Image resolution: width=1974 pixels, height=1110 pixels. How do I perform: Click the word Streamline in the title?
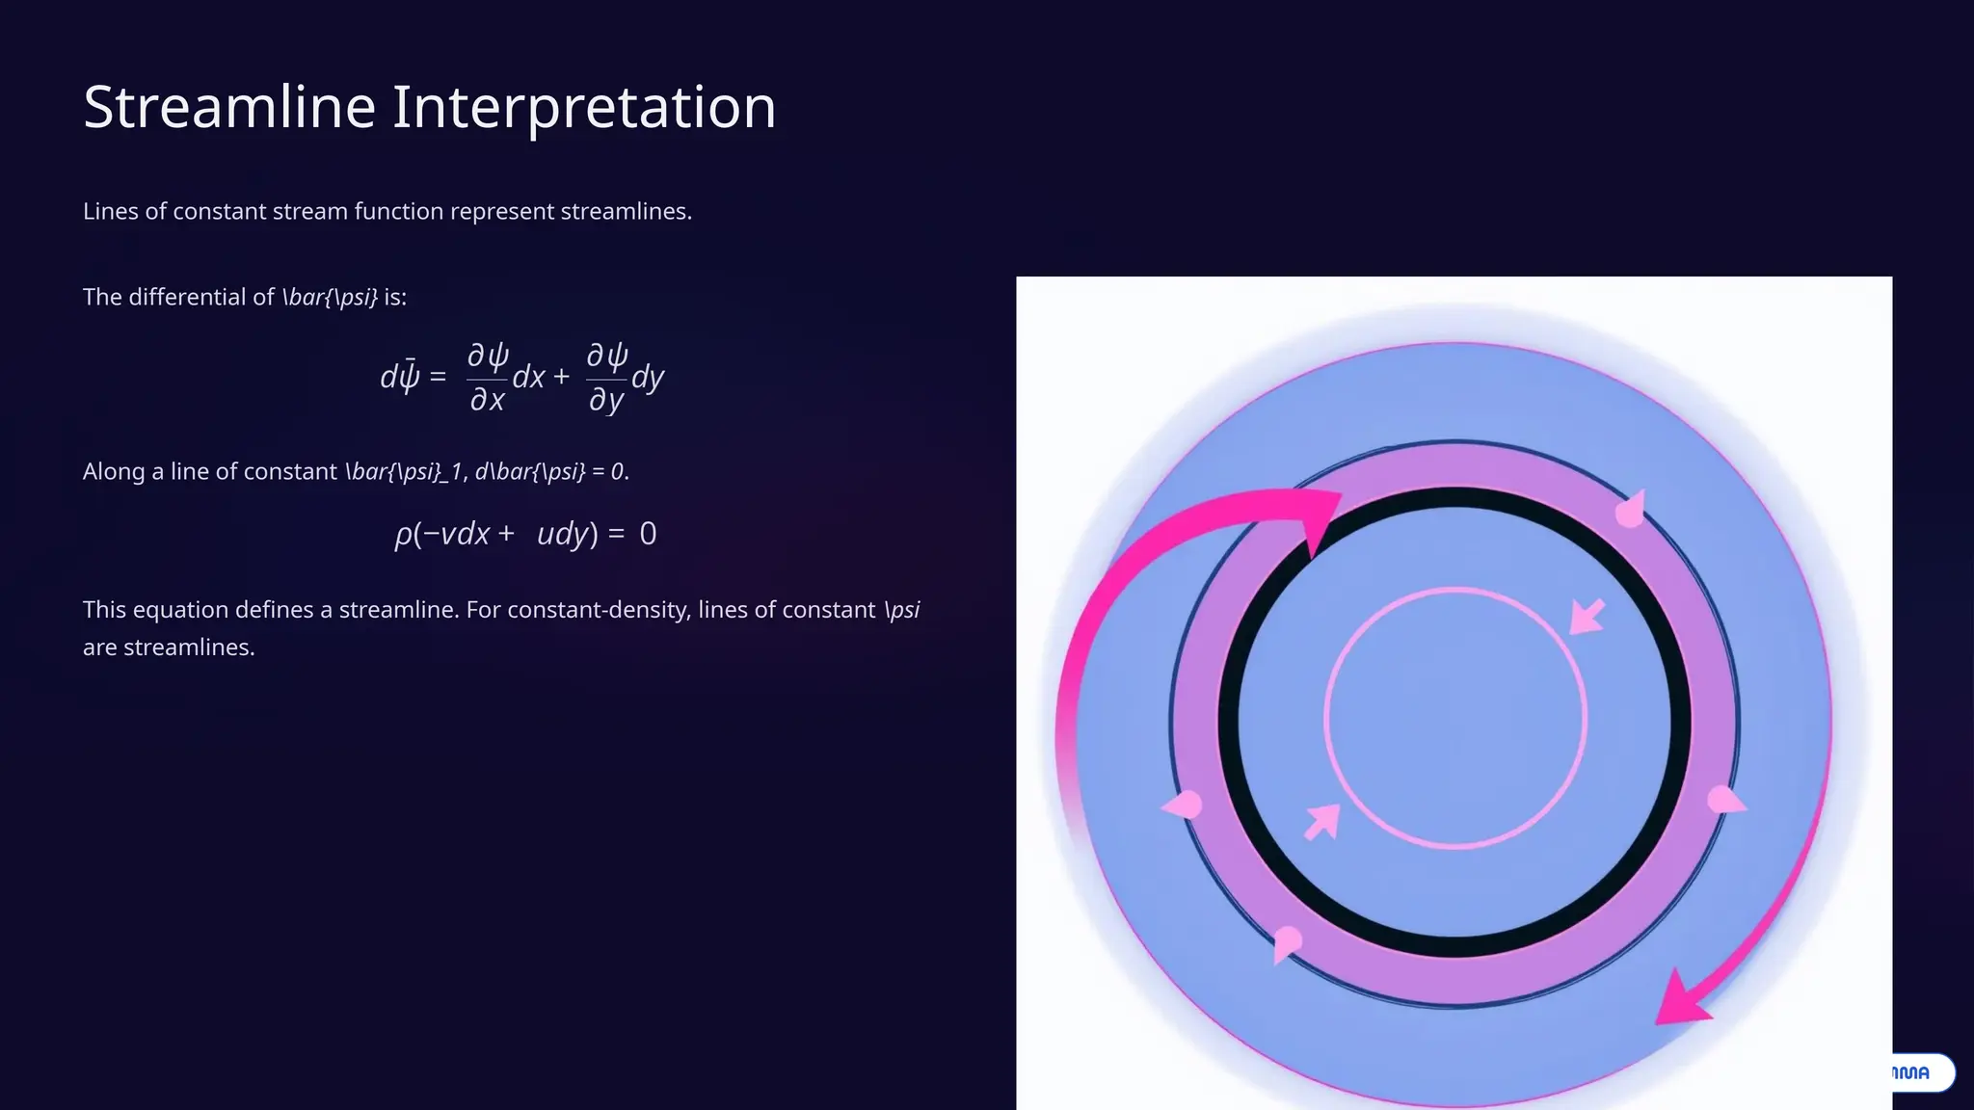229,107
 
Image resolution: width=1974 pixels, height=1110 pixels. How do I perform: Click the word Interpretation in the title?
583,107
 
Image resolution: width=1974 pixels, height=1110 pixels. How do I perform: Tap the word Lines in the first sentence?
110,211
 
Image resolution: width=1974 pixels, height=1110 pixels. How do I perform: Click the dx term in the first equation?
528,377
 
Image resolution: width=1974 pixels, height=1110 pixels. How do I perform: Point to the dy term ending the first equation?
648,377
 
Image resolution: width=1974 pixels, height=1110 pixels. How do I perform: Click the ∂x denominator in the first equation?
487,399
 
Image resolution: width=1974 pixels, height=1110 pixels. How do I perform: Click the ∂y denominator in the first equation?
605,399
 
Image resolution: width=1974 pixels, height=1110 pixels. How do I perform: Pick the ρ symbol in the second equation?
403,534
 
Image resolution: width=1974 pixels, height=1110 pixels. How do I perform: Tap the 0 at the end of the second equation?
648,534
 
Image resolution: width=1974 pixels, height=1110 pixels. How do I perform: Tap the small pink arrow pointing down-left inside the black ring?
1587,617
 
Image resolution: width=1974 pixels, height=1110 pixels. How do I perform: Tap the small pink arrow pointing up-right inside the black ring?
1321,822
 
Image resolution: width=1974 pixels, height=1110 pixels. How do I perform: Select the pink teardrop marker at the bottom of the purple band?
1286,941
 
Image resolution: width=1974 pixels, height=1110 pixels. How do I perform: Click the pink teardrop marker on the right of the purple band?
1724,800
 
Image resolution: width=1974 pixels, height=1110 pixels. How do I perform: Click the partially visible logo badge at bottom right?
1921,1072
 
